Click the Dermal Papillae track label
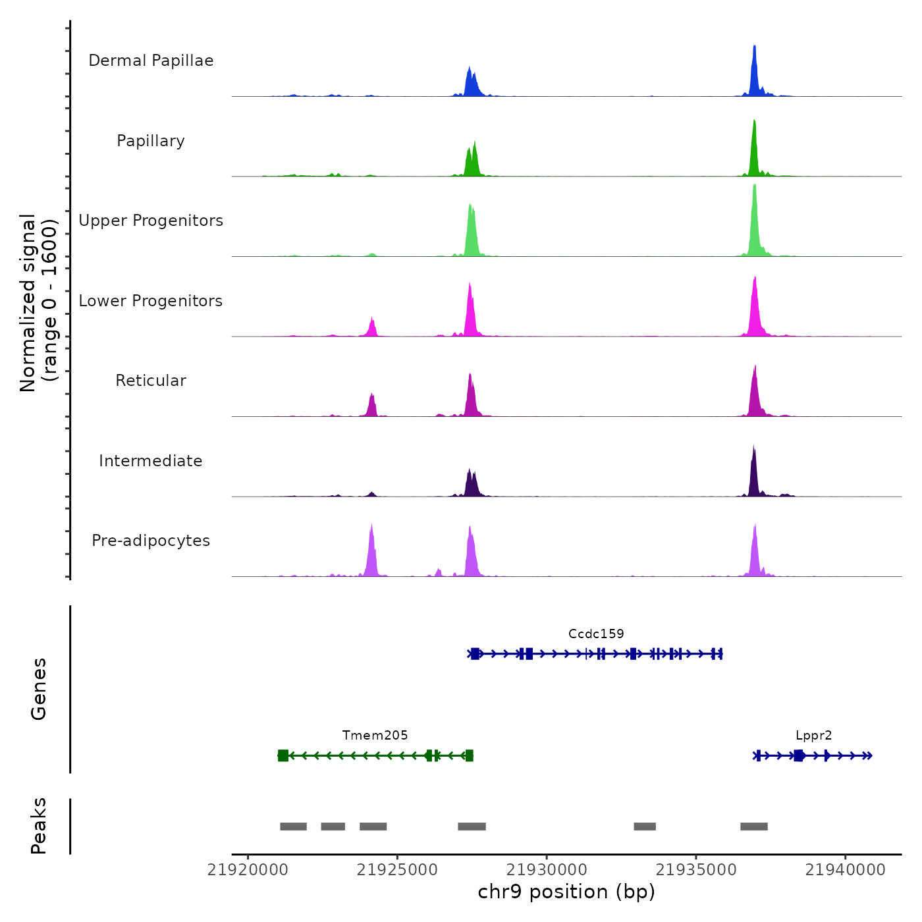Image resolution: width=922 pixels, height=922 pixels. click(x=151, y=61)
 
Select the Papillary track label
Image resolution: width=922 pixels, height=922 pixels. click(x=151, y=141)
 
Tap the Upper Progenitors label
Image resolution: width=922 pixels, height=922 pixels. click(x=151, y=221)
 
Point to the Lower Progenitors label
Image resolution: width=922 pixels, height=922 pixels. click(x=151, y=301)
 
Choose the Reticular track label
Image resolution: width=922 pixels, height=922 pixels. click(x=151, y=381)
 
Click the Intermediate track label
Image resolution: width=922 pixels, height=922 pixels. click(x=151, y=461)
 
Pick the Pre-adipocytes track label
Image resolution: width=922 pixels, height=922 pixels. click(x=151, y=541)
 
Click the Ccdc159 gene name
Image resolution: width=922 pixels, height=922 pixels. click(x=596, y=634)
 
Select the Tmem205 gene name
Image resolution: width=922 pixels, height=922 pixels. click(x=375, y=735)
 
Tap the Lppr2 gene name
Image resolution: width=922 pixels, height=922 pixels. click(x=813, y=735)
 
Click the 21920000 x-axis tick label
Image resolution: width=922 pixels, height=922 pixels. click(x=248, y=870)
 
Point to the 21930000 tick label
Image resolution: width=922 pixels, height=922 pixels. click(x=547, y=870)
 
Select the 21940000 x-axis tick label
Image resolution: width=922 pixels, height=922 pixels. click(x=846, y=870)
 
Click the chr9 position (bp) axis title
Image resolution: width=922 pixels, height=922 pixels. click(x=566, y=892)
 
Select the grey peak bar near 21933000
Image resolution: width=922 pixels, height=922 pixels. click(x=645, y=827)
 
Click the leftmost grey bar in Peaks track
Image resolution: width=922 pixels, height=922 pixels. click(x=293, y=827)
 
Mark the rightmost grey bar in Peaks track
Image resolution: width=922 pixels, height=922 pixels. click(x=754, y=827)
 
